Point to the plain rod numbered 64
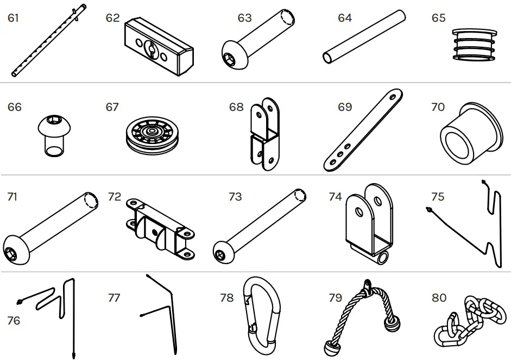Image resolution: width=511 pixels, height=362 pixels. tap(364, 38)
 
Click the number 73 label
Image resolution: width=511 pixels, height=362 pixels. tap(235, 196)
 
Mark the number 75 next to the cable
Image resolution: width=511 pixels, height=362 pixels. tap(438, 196)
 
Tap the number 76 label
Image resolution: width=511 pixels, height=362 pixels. tap(14, 321)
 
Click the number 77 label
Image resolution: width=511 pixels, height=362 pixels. tap(114, 297)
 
